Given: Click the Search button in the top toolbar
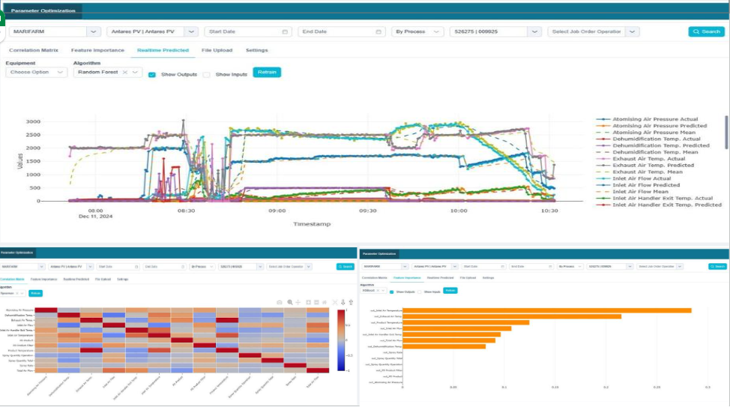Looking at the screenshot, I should click(706, 31).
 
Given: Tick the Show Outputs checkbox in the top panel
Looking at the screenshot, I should click(152, 75).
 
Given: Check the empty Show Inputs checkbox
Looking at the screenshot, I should click(206, 75).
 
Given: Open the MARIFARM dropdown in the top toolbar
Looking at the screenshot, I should click(55, 31).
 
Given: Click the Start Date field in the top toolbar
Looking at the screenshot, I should click(247, 31).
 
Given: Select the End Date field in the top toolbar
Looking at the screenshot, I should click(341, 31).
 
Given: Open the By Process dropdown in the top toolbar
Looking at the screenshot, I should click(418, 31).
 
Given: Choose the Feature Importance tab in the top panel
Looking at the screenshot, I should click(97, 50).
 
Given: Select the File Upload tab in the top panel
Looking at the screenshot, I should click(217, 50).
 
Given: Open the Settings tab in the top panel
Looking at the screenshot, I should click(256, 50).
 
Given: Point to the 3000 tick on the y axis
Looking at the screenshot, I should click(33, 121).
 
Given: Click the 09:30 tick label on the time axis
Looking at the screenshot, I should click(366, 211).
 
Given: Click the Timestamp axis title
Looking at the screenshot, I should click(311, 223).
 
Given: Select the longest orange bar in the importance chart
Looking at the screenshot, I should click(546, 310).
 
